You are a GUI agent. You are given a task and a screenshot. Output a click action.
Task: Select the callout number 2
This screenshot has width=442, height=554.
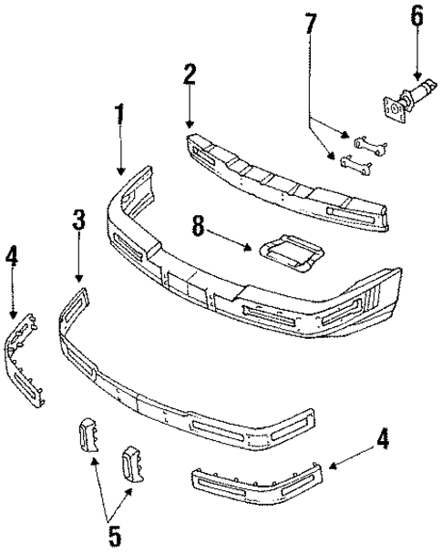(189, 76)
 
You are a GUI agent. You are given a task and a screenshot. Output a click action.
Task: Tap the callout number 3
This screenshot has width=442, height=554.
(78, 221)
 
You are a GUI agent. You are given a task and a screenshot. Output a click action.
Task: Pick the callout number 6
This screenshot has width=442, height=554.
(417, 17)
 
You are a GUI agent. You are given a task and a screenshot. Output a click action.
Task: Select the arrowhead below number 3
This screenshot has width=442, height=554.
(78, 277)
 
